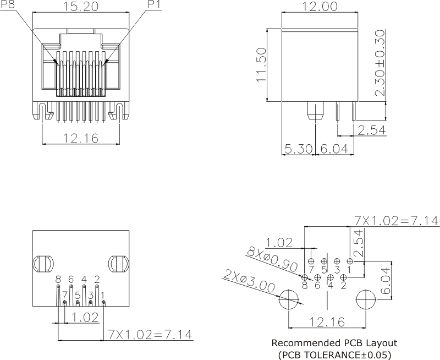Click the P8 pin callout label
[x=8, y=4]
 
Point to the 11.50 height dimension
[x=262, y=64]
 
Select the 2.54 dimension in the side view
[x=372, y=130]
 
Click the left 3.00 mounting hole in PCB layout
[x=289, y=301]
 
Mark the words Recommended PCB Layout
[x=334, y=343]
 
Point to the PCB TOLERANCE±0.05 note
[x=334, y=354]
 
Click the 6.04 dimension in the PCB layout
[x=386, y=282]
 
